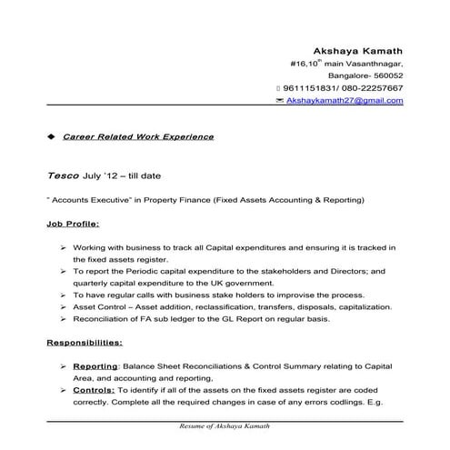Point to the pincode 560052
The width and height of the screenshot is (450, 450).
(x=385, y=76)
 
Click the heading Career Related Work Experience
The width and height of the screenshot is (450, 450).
(x=138, y=137)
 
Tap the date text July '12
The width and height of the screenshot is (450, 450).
(x=103, y=175)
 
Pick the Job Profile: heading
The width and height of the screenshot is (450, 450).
(x=73, y=222)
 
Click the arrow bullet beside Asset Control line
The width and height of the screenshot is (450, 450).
(x=61, y=306)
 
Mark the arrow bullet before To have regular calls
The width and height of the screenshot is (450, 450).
(x=61, y=295)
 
